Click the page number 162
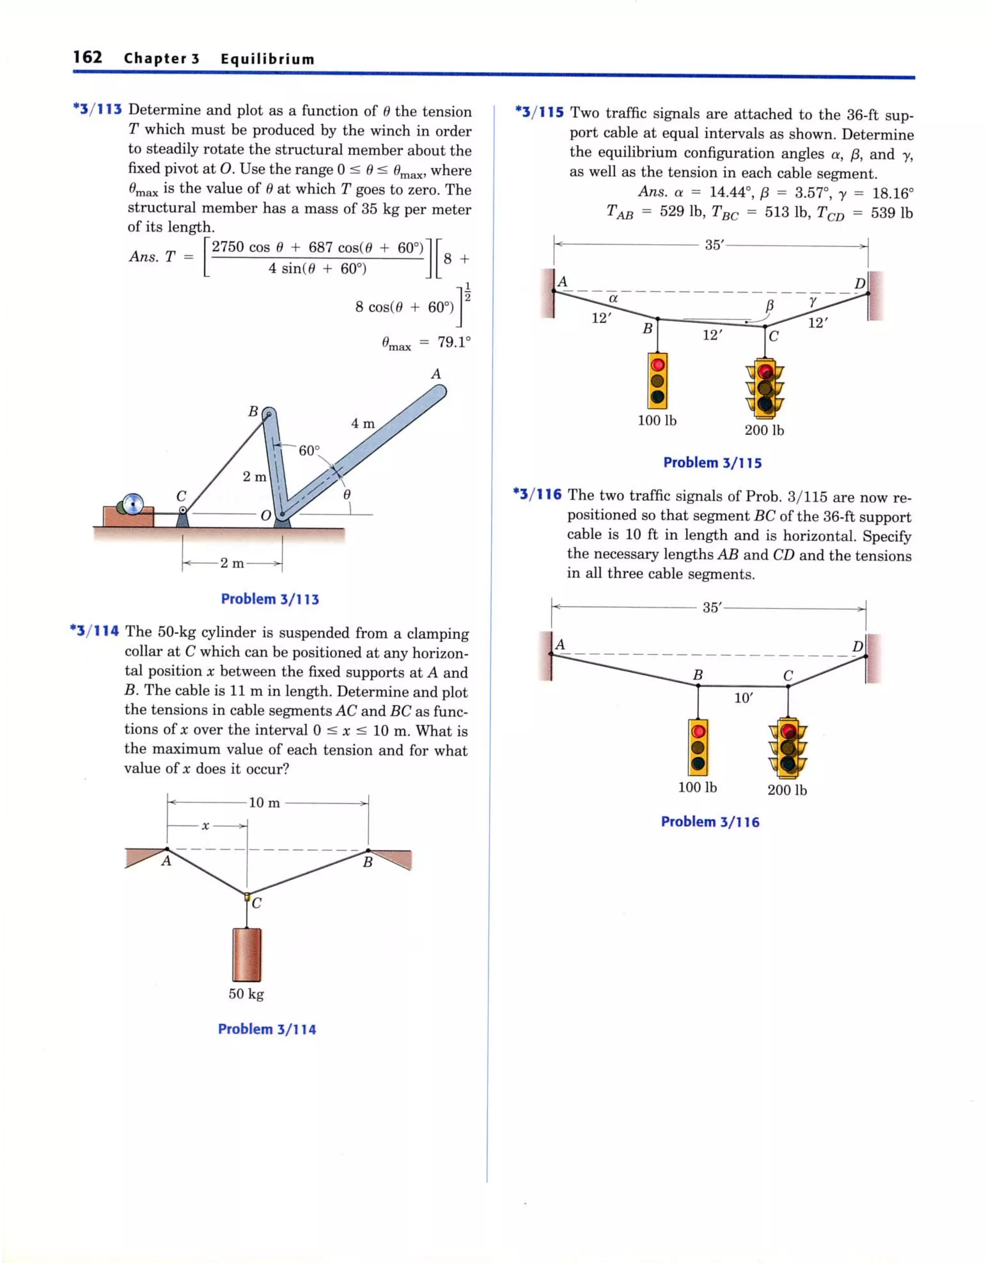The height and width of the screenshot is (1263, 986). click(87, 57)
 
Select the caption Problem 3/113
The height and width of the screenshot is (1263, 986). click(270, 599)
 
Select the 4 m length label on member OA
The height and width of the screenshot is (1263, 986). click(363, 423)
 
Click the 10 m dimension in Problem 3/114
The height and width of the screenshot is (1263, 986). click(264, 803)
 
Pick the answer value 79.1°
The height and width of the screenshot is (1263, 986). click(454, 342)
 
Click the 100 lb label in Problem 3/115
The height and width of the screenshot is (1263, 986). click(657, 420)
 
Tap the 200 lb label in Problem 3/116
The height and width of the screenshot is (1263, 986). click(787, 790)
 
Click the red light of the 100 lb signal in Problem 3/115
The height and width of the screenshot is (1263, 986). click(658, 365)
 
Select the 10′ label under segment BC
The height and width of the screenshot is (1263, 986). click(743, 698)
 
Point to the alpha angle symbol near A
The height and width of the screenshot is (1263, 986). click(613, 299)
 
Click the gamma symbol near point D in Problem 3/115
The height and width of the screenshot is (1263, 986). click(813, 301)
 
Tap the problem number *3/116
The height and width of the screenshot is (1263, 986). click(537, 495)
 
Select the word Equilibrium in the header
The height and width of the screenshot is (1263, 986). click(267, 59)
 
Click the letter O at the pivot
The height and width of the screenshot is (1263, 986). click(265, 515)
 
